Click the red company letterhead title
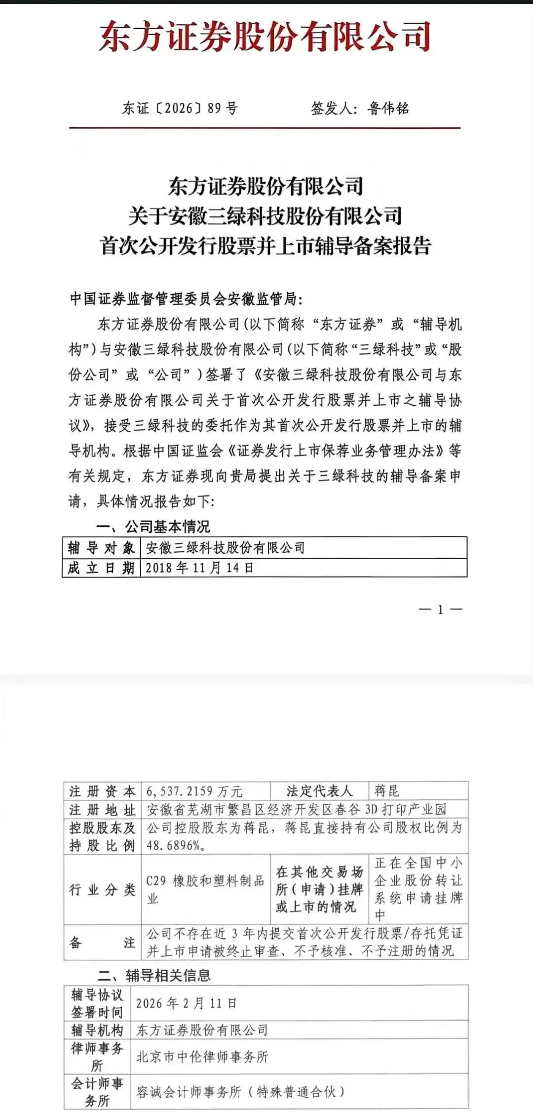tap(265, 37)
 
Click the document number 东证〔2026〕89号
tap(180, 108)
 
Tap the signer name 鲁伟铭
tap(388, 108)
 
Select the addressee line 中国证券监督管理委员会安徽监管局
tap(185, 299)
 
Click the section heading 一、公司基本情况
tap(153, 527)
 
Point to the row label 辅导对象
tap(101, 547)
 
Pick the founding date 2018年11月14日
tap(199, 568)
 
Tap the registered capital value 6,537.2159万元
tap(194, 791)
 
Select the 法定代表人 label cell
tap(319, 791)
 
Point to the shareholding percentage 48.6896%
tap(176, 845)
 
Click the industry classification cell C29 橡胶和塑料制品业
tap(205, 889)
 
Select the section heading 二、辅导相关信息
tap(154, 975)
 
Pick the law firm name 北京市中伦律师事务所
tap(202, 1057)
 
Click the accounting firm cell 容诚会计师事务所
tap(240, 1091)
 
